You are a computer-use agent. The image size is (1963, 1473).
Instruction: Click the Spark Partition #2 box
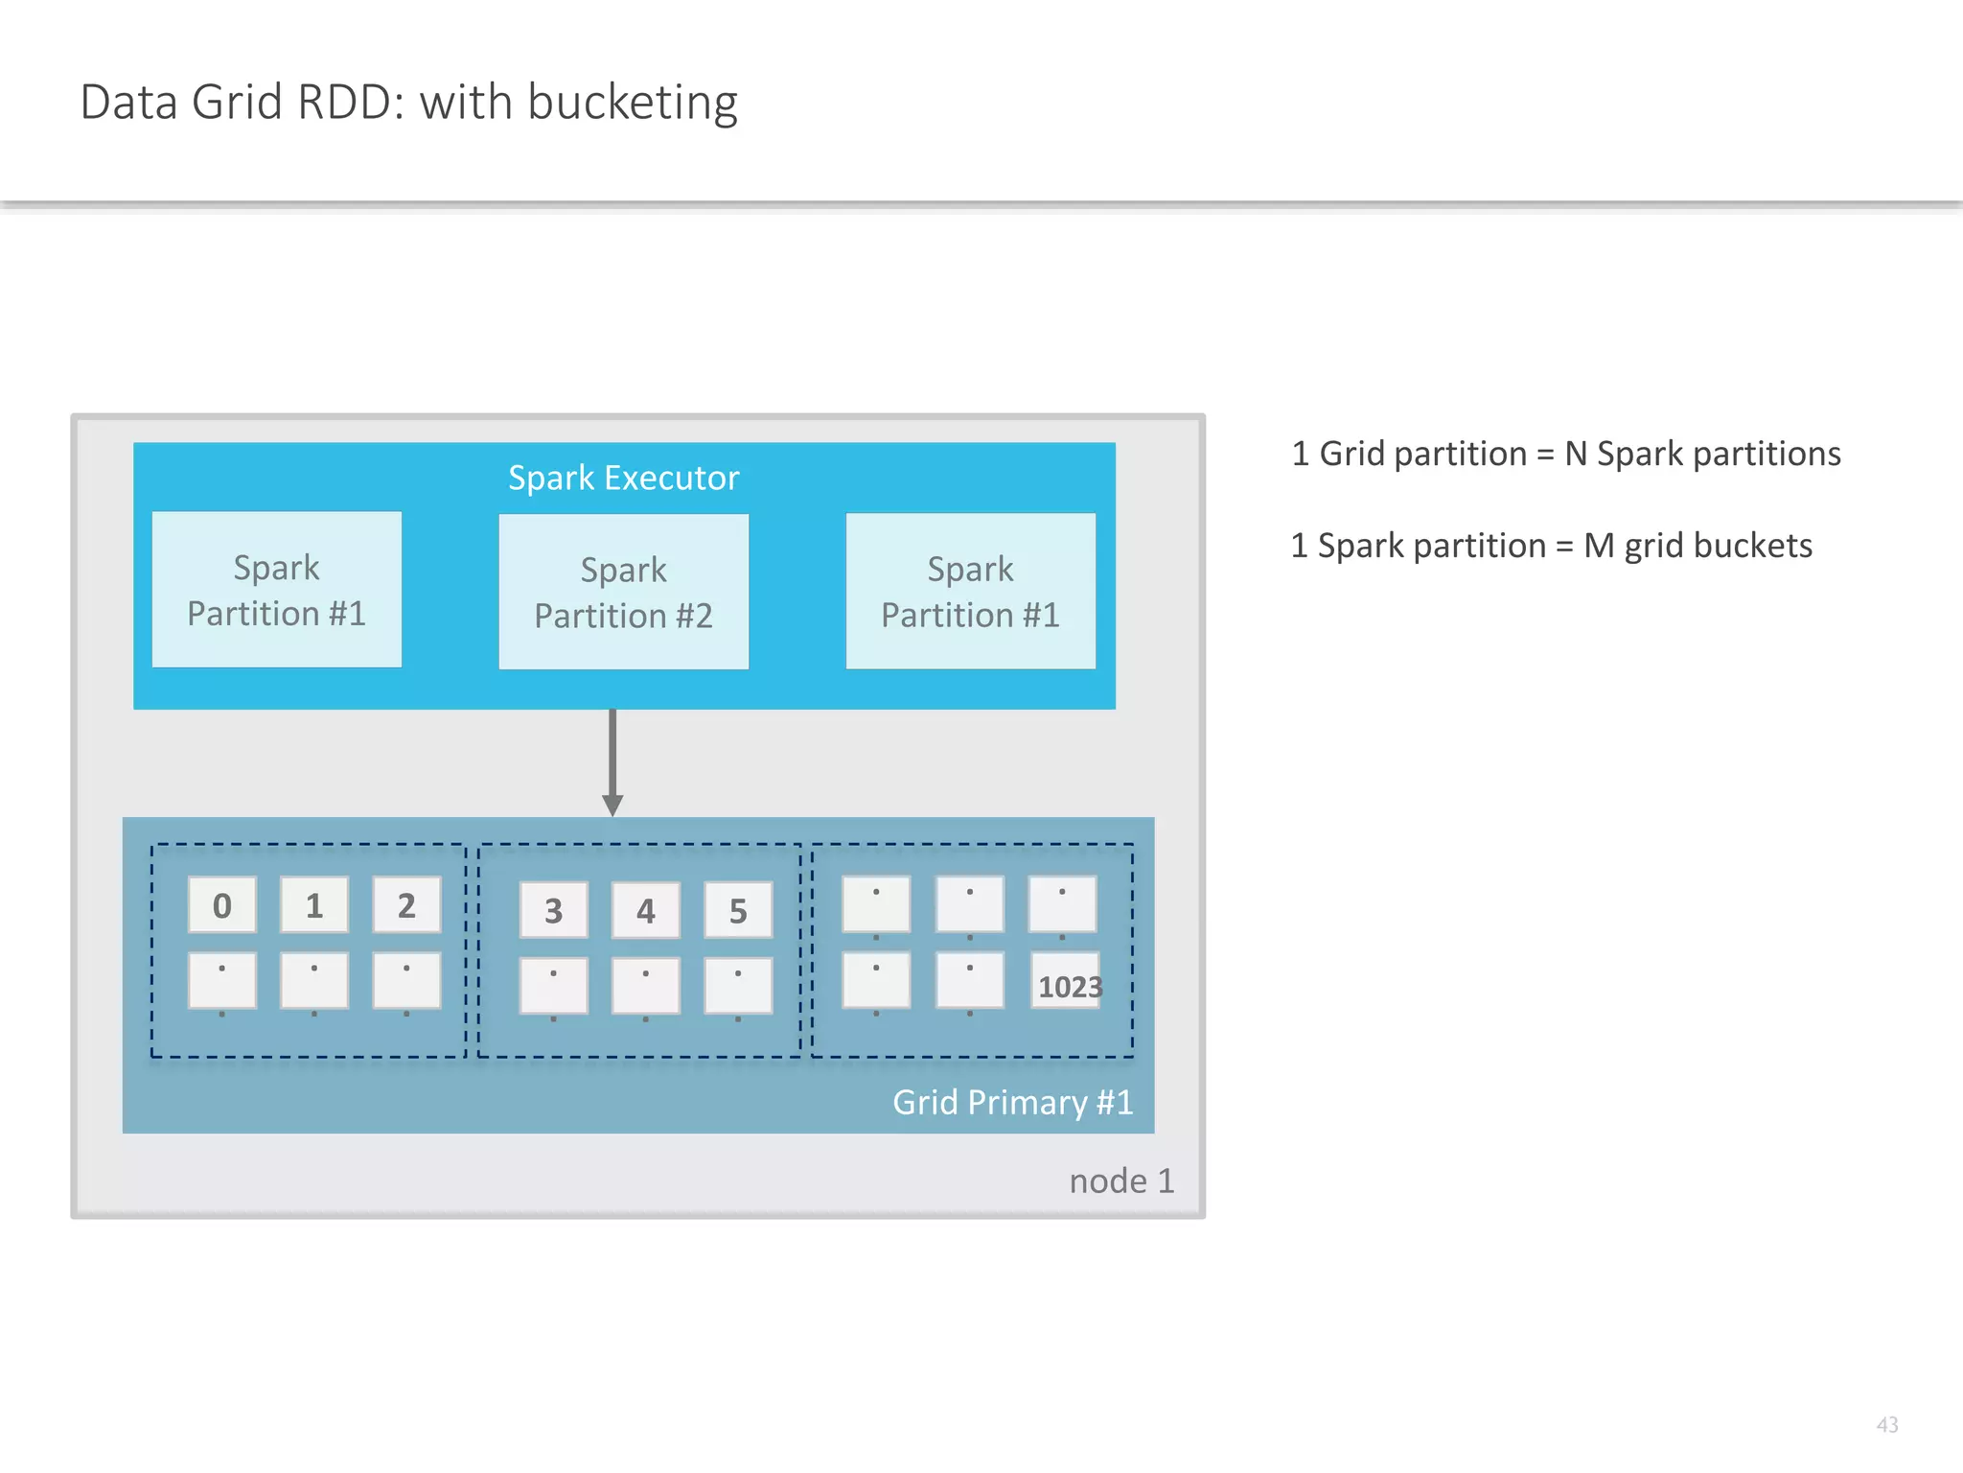pos(623,592)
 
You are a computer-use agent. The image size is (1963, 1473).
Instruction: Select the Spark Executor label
pos(623,478)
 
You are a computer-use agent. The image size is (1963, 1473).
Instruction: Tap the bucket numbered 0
pos(222,904)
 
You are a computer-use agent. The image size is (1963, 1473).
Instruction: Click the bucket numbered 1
pos(314,904)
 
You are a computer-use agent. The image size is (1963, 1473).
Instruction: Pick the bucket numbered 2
pos(406,904)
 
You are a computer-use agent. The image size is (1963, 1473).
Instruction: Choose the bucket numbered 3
pos(553,910)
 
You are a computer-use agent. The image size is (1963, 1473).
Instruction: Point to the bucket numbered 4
pos(645,910)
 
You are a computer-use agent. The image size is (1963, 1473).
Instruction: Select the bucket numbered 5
pos(738,910)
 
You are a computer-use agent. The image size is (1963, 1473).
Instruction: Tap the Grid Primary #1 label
pos(1012,1102)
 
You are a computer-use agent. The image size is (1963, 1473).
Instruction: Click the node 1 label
pos(1121,1181)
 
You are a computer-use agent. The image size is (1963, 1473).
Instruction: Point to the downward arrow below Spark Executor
pos(612,762)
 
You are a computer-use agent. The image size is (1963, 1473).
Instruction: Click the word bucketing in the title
pos(633,103)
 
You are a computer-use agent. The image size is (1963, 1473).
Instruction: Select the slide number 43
pos(1886,1424)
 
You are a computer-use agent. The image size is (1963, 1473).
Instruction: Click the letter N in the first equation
pos(1576,454)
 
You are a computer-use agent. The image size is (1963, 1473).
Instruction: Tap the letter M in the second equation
pos(1599,546)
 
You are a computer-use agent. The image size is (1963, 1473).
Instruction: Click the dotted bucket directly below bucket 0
pos(222,980)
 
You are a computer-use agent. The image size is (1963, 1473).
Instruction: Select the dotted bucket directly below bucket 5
pos(738,986)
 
